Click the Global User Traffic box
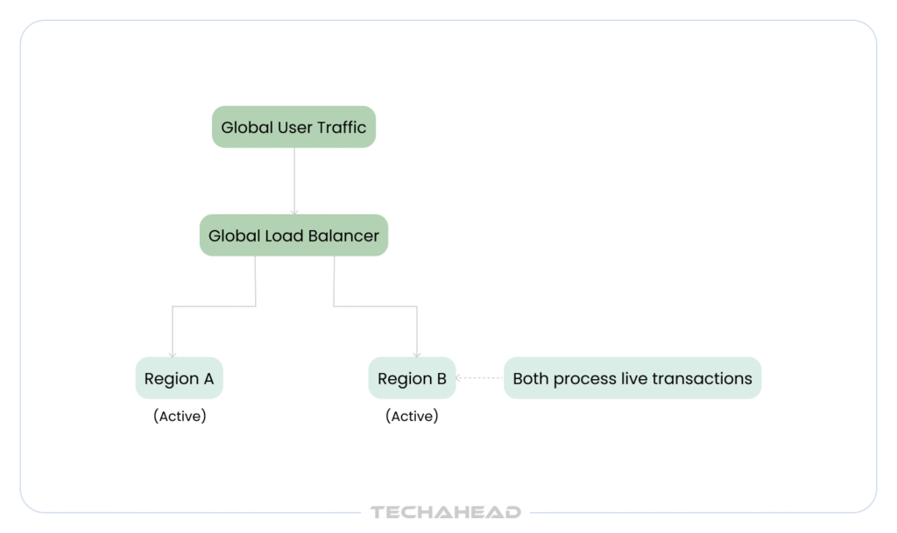click(x=293, y=127)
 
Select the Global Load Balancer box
click(x=293, y=235)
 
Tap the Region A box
click(x=179, y=378)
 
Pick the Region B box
click(x=412, y=378)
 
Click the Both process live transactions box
click(x=632, y=378)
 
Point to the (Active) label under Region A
click(x=180, y=416)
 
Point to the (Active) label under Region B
click(x=412, y=416)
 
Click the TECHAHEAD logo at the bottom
click(x=446, y=512)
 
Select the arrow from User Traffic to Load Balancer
click(x=294, y=181)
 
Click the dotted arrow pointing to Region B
click(x=479, y=377)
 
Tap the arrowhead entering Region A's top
click(x=173, y=354)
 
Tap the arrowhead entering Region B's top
click(x=416, y=354)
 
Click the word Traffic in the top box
click(x=343, y=127)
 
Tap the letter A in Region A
click(x=208, y=379)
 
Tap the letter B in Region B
click(x=441, y=379)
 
